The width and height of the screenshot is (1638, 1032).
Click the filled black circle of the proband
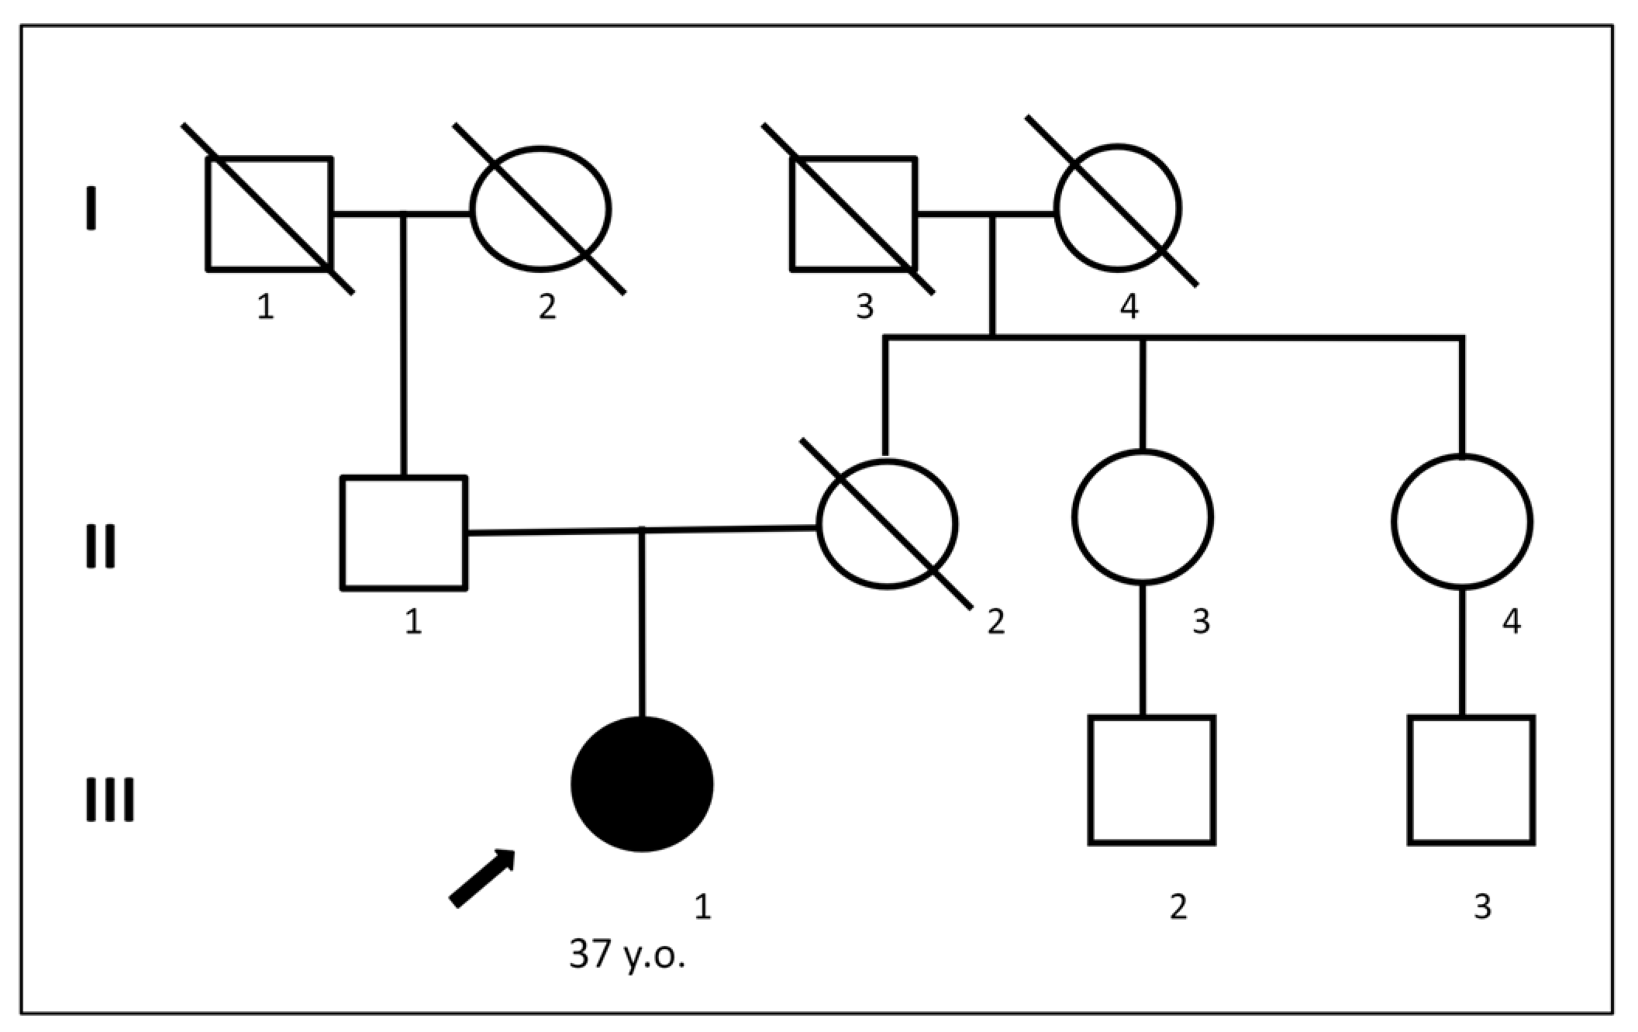click(642, 784)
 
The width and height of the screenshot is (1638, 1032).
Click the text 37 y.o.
click(627, 954)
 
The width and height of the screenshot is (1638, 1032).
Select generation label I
click(91, 208)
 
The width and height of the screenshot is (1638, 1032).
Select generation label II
click(100, 547)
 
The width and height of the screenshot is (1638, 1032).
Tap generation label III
click(109, 799)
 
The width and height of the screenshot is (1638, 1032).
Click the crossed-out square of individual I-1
click(269, 214)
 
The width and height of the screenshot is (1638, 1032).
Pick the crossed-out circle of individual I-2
click(540, 209)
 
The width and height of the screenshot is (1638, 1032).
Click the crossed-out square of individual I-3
click(853, 214)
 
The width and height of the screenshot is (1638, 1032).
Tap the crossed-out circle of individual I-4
click(1117, 208)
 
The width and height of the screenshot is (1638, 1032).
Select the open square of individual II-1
click(404, 533)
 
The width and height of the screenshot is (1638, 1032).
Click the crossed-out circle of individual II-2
click(887, 524)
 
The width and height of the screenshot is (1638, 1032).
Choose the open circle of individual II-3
click(1143, 516)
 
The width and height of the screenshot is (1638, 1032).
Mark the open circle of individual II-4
click(1462, 521)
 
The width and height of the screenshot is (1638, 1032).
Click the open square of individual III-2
click(1151, 779)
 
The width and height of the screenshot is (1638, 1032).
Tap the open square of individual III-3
click(1471, 779)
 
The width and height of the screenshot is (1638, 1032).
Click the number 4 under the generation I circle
click(1129, 306)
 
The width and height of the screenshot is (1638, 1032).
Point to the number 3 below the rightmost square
click(1482, 906)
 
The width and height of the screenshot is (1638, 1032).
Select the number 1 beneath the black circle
click(702, 906)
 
